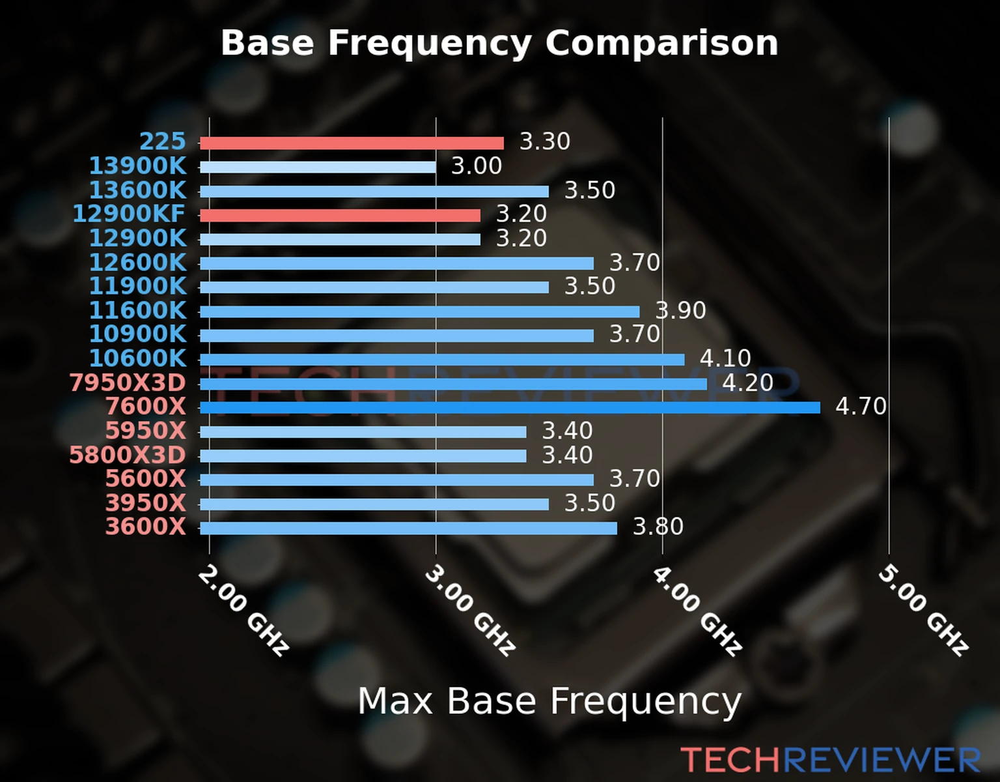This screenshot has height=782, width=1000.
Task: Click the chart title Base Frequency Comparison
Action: [x=499, y=43]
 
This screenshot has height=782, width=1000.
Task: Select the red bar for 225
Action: [x=352, y=143]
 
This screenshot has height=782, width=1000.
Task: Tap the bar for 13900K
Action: [x=318, y=167]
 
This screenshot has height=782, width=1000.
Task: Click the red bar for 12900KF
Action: [x=340, y=215]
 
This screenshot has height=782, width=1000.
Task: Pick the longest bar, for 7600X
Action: [x=510, y=407]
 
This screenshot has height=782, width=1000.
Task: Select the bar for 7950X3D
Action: [x=453, y=384]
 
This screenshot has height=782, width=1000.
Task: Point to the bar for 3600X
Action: [x=408, y=528]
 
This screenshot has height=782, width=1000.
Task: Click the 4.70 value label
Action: [x=861, y=407]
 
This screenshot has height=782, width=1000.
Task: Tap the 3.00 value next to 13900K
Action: [x=477, y=166]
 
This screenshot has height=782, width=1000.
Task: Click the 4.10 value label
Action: [x=725, y=358]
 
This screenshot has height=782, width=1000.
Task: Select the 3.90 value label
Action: [x=680, y=310]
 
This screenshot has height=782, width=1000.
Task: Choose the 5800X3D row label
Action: [x=128, y=455]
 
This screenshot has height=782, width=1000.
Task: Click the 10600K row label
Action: [x=137, y=358]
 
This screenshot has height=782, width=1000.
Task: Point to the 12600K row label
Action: [x=137, y=263]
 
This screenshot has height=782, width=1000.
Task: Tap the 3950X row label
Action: [x=146, y=503]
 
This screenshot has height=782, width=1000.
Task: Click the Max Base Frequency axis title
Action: [x=549, y=701]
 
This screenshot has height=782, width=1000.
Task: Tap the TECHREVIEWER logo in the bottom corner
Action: [x=830, y=760]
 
